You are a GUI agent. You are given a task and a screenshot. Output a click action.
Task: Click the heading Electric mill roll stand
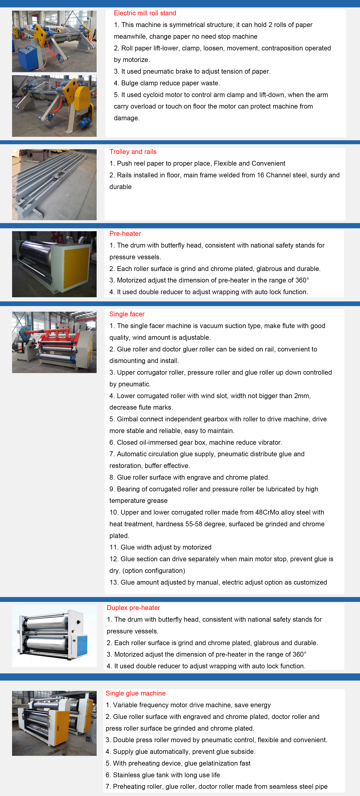click(145, 13)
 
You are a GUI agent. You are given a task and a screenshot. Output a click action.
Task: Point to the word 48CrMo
click(267, 512)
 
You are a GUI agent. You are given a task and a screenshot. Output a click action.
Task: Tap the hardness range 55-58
click(194, 524)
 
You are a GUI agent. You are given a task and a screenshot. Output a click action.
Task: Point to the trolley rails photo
click(54, 185)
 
